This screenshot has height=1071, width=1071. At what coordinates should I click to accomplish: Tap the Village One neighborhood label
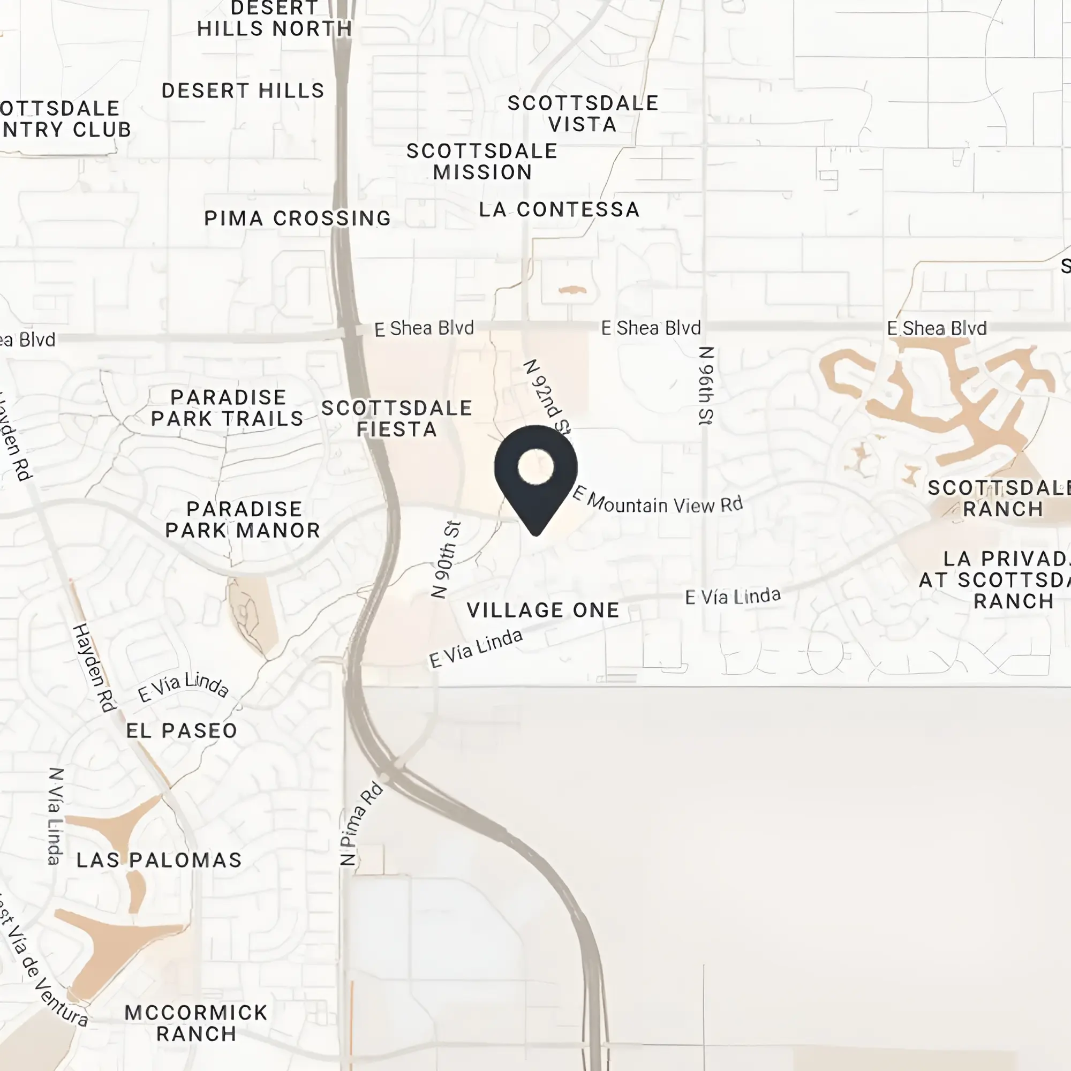[x=542, y=610]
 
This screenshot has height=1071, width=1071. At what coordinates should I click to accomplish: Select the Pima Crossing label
[x=298, y=218]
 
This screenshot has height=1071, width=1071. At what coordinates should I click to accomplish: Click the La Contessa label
[x=560, y=209]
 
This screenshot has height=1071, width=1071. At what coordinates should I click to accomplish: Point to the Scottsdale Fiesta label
[x=396, y=419]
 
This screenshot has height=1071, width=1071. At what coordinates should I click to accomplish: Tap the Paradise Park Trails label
[x=227, y=408]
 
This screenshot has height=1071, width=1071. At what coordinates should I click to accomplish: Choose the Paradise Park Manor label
[x=243, y=519]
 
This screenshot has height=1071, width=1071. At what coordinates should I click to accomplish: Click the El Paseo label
[x=182, y=730]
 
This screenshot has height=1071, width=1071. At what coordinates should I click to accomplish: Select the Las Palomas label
[x=159, y=861]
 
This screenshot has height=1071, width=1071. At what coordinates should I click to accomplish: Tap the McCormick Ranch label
[x=196, y=1023]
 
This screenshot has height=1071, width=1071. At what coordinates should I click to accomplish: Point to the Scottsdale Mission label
[x=482, y=161]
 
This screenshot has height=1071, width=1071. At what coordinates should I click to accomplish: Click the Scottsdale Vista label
[x=583, y=114]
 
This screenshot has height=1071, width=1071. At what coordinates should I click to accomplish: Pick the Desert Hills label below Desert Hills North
[x=243, y=90]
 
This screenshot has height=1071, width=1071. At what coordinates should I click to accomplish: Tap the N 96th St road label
[x=706, y=386]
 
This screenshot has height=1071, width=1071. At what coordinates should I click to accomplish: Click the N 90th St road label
[x=446, y=560]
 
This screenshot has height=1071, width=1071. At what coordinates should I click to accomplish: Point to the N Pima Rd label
[x=361, y=824]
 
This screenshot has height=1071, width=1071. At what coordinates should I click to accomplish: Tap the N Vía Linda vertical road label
[x=56, y=816]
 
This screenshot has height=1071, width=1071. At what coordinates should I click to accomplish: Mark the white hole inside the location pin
[x=535, y=467]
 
